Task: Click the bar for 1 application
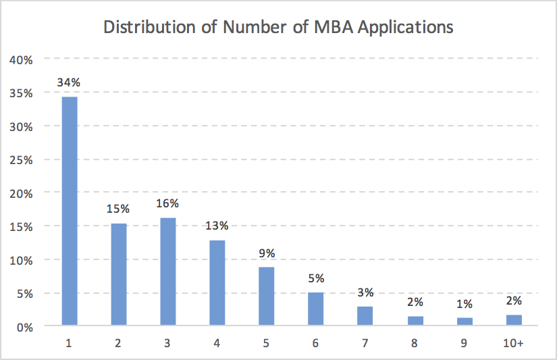tap(70, 211)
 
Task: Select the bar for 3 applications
tap(168, 272)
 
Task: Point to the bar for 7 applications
tap(365, 316)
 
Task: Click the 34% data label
tap(70, 82)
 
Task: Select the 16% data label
tap(168, 203)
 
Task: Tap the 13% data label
tap(217, 226)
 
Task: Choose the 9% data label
tap(267, 253)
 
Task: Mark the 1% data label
tap(464, 303)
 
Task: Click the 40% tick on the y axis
tap(22, 60)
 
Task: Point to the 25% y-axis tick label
tap(22, 159)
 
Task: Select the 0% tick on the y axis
tap(24, 326)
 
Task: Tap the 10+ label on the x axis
tap(513, 343)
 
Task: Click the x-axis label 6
tap(316, 343)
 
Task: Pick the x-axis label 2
tap(119, 343)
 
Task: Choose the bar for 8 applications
tap(415, 321)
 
